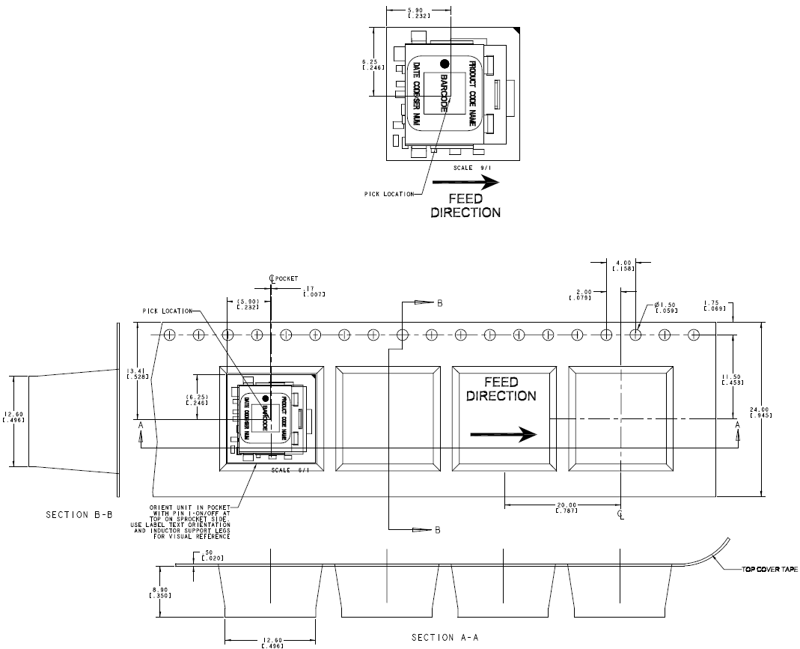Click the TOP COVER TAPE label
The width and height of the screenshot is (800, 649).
[769, 570]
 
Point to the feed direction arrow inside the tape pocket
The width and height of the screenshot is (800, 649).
[503, 434]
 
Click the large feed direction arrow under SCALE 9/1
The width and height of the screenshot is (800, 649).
[474, 181]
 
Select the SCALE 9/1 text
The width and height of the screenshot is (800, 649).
[468, 168]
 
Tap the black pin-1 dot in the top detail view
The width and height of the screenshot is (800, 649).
[445, 64]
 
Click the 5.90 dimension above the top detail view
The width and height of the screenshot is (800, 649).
[418, 13]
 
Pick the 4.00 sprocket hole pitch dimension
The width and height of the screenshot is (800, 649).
[621, 265]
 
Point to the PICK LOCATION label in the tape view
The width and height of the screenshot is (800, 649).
[165, 311]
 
